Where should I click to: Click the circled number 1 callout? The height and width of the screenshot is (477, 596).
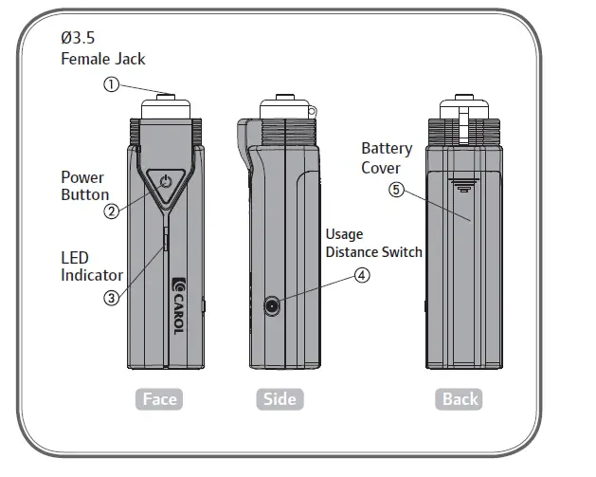(x=112, y=84)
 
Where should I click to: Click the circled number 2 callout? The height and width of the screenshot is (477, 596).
(x=112, y=211)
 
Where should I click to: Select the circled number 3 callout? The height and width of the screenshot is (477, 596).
(x=112, y=297)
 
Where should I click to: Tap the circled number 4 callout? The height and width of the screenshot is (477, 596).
(x=361, y=276)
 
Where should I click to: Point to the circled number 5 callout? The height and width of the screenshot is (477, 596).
(x=396, y=189)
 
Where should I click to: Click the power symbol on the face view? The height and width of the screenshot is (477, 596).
(x=166, y=181)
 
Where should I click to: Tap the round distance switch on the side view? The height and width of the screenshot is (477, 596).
(x=274, y=305)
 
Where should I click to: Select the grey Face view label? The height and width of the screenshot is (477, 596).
(x=159, y=398)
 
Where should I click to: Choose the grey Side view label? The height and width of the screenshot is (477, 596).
(x=280, y=398)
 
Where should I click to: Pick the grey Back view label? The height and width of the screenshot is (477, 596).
(x=461, y=398)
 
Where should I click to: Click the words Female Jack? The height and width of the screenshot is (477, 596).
(x=102, y=59)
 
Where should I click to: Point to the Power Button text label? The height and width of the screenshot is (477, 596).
(x=84, y=186)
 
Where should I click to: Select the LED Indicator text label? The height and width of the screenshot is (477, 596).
(x=91, y=266)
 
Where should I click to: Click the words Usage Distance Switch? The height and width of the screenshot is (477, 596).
(x=373, y=243)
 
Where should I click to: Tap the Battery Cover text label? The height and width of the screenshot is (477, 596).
(x=387, y=158)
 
